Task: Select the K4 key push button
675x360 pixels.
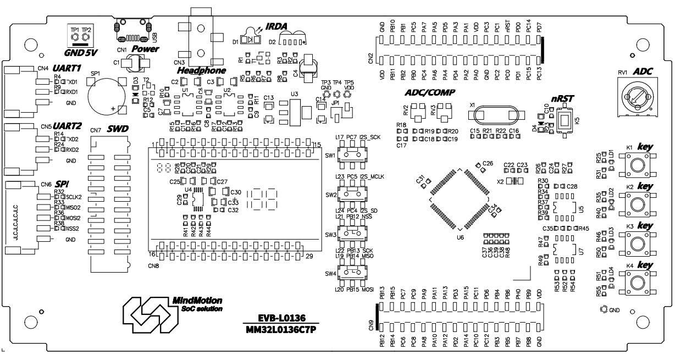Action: [637, 283]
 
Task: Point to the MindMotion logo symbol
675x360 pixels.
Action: [145, 313]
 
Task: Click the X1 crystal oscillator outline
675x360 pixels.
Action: [493, 114]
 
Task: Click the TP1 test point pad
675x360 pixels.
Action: [74, 37]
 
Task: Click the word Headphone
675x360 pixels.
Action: [201, 71]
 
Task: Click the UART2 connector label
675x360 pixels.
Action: [67, 125]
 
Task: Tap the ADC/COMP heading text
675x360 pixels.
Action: [429, 92]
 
